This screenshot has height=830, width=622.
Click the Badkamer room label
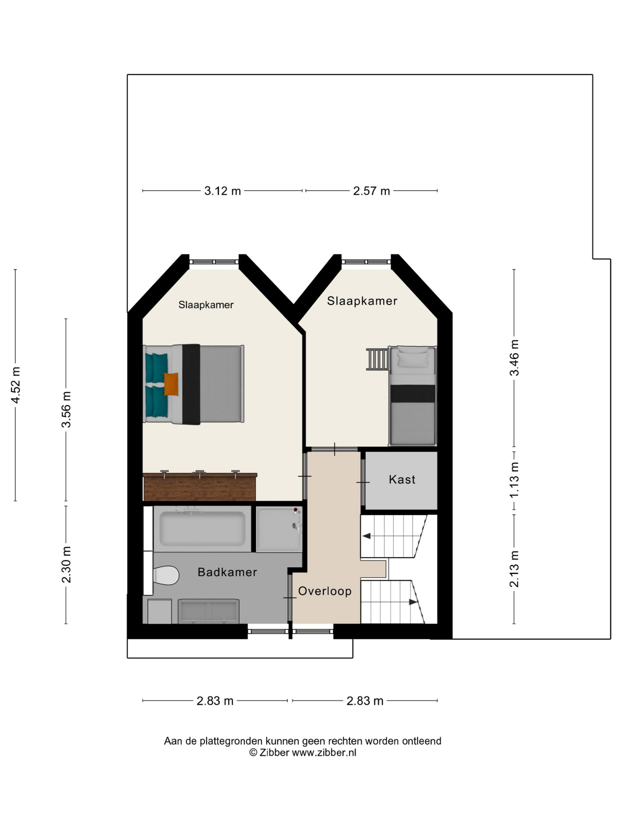227,572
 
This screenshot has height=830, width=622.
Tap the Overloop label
325,591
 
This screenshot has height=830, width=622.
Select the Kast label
402,480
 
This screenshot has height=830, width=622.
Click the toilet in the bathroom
166,575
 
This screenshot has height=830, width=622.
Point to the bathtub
202,529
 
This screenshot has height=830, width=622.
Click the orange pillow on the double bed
171,384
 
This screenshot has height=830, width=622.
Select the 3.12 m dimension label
222,191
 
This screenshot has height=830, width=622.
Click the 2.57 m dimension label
371,191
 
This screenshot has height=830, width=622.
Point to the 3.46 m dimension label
514,358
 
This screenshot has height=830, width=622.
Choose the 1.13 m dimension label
514,480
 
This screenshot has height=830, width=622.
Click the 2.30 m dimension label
66,565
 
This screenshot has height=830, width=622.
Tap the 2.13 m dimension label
514,569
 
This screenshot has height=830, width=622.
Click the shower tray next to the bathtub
279,529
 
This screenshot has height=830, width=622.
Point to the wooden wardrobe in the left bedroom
200,486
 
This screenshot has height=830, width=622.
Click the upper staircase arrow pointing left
366,536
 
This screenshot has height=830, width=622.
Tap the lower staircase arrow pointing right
413,602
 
